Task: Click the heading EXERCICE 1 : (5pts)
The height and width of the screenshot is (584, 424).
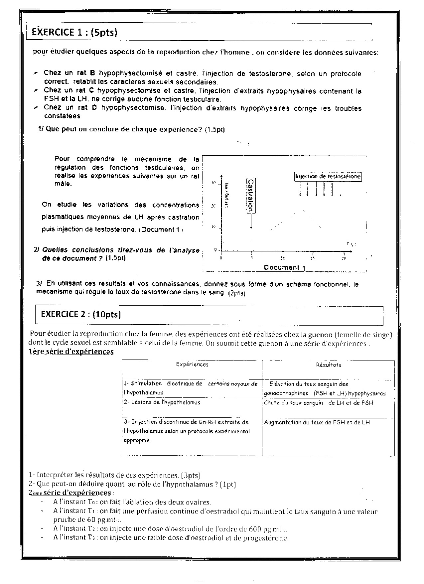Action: pyautogui.click(x=74, y=32)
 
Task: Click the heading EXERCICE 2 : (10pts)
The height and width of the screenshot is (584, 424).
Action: pyautogui.click(x=81, y=314)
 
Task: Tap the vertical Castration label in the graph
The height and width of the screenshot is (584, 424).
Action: pyautogui.click(x=251, y=196)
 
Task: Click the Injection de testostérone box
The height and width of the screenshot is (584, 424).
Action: pyautogui.click(x=328, y=177)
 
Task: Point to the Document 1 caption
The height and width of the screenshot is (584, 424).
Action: pyautogui.click(x=285, y=267)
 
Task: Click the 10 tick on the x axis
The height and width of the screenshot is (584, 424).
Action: pyautogui.click(x=283, y=258)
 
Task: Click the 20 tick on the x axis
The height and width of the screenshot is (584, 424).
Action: pyautogui.click(x=344, y=258)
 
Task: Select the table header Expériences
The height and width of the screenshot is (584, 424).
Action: pyautogui.click(x=192, y=365)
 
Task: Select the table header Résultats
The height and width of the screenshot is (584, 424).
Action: pyautogui.click(x=328, y=365)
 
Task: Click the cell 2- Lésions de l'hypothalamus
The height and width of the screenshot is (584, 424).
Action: pyautogui.click(x=162, y=402)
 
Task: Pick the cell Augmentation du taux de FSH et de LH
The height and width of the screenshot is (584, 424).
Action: pyautogui.click(x=317, y=422)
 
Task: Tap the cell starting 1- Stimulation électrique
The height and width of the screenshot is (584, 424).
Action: pyautogui.click(x=191, y=388)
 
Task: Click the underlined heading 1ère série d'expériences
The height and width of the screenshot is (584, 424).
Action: pyautogui.click(x=71, y=352)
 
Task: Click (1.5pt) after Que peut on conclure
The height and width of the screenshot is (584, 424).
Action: pyautogui.click(x=215, y=130)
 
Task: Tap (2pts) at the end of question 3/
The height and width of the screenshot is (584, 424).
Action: pyautogui.click(x=237, y=293)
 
